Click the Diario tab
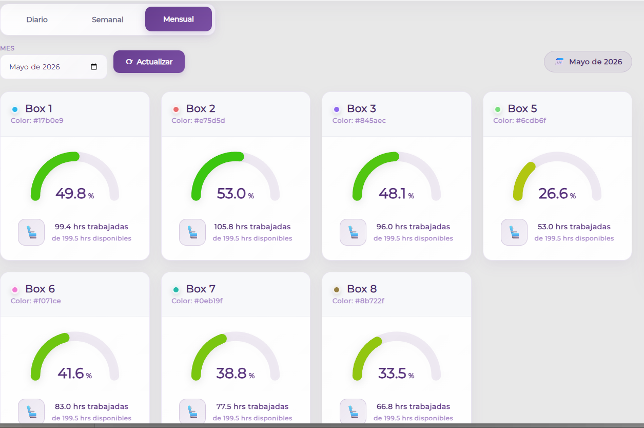point(37,20)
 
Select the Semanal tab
point(108,20)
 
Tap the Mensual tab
point(179,19)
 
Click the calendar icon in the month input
point(94,67)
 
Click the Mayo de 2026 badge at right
point(588,62)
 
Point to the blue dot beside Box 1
point(15,109)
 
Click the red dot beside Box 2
point(176,109)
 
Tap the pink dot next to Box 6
point(15,290)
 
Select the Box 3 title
point(361,108)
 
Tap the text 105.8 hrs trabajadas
point(252,227)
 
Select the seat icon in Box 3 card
point(353,232)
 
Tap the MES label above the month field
point(7,48)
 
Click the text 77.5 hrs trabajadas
point(252,406)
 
